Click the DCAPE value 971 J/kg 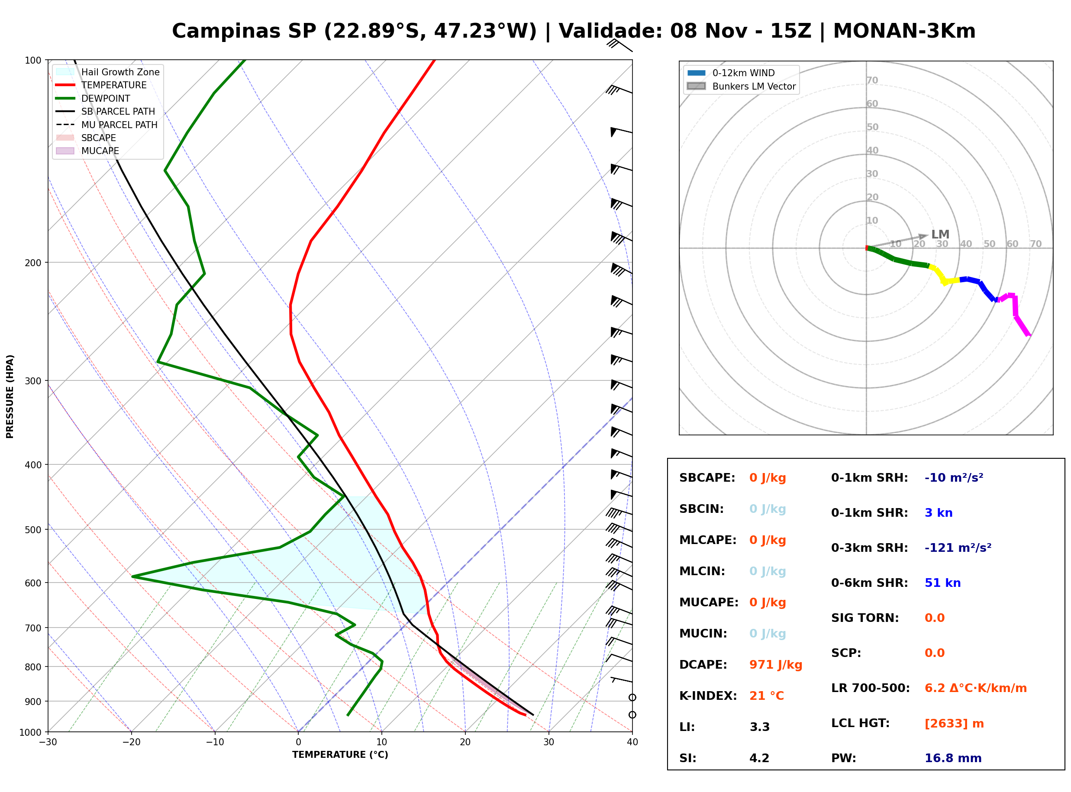click(x=776, y=665)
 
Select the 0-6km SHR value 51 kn click(x=942, y=583)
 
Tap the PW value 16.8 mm click(x=952, y=758)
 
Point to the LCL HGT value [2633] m click(x=954, y=724)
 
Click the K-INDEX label click(x=708, y=696)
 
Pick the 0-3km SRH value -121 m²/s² click(x=958, y=547)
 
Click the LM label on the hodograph click(x=940, y=235)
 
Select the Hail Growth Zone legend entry click(x=108, y=72)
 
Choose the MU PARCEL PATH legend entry click(x=107, y=125)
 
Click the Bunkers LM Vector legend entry click(x=741, y=86)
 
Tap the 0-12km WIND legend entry click(x=731, y=73)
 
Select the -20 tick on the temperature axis click(x=131, y=742)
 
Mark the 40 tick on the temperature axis click(x=632, y=742)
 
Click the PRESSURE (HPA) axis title click(x=10, y=396)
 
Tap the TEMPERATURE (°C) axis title click(x=340, y=755)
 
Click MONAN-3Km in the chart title click(x=904, y=31)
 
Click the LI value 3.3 click(x=759, y=727)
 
